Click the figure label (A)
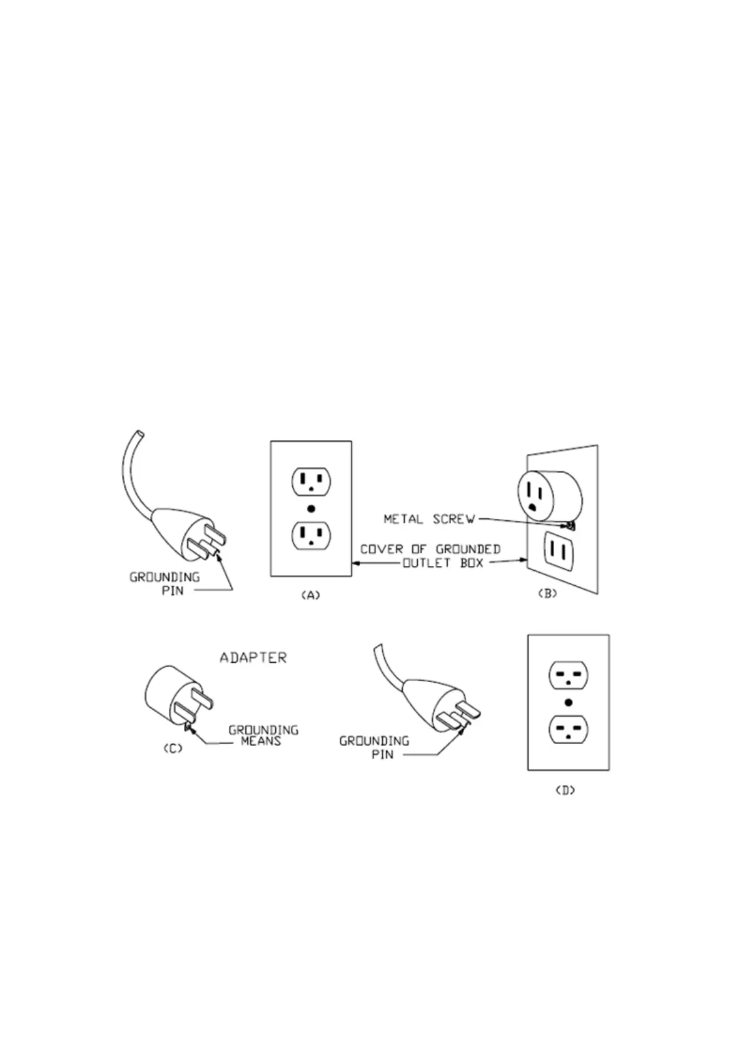(311, 595)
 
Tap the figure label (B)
(547, 594)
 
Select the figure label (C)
(173, 749)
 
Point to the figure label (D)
(565, 790)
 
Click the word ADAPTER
(253, 658)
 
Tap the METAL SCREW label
(429, 519)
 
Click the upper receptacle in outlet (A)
(311, 481)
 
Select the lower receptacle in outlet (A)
(311, 535)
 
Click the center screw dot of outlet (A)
(311, 509)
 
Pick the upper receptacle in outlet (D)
(568, 675)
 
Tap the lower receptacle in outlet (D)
(568, 730)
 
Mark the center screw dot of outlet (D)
(568, 702)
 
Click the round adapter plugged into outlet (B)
(547, 494)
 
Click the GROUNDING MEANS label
(263, 735)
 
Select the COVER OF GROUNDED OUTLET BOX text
(430, 556)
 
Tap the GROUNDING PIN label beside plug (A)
(165, 583)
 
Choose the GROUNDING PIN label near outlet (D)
(374, 747)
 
